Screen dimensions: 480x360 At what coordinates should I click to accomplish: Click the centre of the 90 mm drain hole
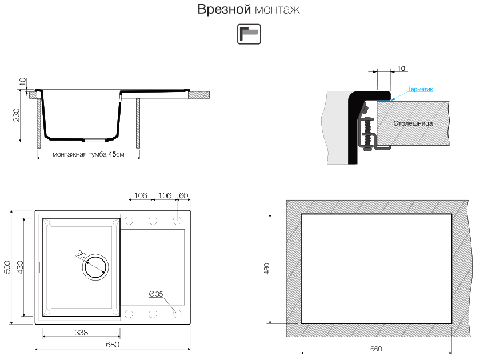96,267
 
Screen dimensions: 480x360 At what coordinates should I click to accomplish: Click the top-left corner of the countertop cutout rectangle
301,214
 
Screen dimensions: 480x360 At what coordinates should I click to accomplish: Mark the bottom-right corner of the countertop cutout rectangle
451,323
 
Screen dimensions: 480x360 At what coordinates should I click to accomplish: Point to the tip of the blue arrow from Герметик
391,99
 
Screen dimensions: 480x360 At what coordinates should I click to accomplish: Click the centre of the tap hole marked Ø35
177,314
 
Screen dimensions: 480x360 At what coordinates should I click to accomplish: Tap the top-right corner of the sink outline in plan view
190,211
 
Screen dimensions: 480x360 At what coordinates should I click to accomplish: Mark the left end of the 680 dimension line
35,349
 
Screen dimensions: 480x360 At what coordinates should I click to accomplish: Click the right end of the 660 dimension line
451,353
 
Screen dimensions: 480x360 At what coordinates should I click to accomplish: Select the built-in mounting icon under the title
249,34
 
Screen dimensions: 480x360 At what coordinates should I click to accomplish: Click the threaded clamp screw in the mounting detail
367,134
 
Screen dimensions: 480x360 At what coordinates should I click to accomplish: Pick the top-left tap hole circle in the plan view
129,221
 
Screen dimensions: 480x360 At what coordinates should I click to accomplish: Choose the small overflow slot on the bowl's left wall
41,267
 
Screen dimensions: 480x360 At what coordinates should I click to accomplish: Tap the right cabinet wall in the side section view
138,123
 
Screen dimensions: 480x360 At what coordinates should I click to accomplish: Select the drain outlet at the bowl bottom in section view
95,141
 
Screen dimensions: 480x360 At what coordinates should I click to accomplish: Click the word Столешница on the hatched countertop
413,123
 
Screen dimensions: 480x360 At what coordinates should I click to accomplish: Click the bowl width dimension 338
81,333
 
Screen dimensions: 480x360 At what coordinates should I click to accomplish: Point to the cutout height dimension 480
267,269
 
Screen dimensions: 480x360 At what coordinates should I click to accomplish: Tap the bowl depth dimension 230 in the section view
17,115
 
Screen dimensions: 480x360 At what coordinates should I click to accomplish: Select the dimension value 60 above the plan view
183,195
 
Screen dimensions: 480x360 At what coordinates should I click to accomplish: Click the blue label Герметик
421,89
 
